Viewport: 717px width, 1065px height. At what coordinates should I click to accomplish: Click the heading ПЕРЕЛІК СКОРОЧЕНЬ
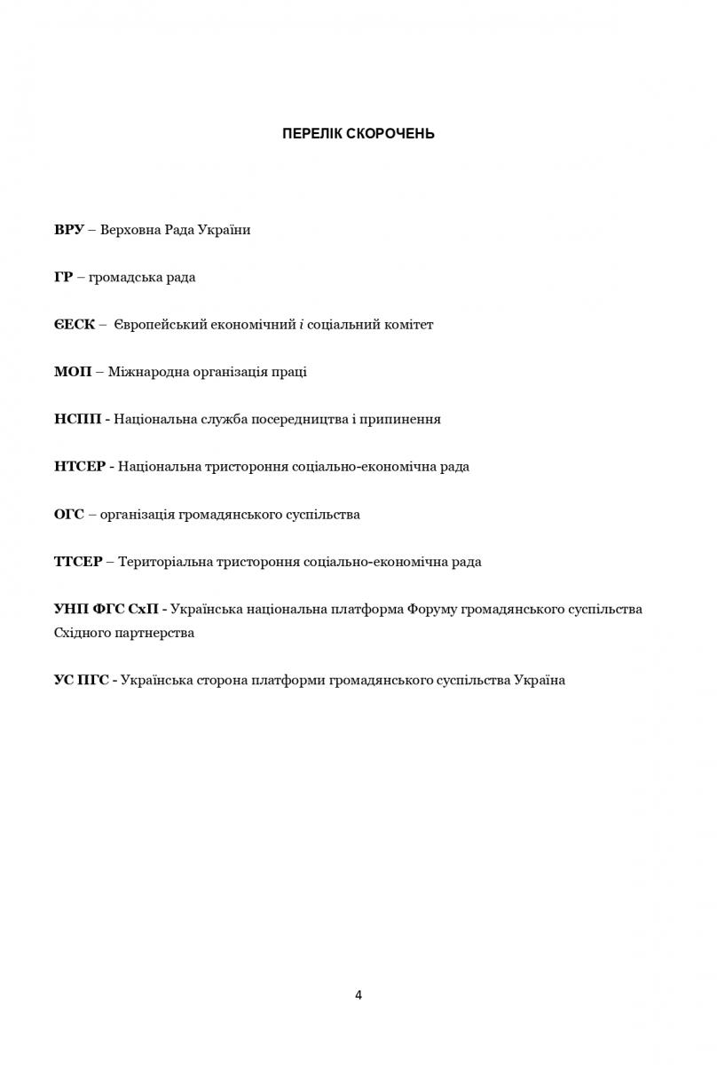(x=358, y=134)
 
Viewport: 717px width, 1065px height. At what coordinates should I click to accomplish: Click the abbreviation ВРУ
(x=68, y=230)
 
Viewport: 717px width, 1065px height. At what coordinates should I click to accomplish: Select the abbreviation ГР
(x=63, y=277)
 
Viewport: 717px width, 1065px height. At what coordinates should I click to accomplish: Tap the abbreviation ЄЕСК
(x=74, y=324)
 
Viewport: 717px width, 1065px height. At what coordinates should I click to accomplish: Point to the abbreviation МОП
(x=72, y=372)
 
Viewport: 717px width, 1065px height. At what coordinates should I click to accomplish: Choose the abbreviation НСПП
(x=76, y=419)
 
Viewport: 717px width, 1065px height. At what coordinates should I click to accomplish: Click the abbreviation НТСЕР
(x=80, y=466)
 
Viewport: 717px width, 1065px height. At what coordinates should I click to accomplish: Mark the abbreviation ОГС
(x=68, y=514)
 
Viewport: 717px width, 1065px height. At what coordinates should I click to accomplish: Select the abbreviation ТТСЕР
(x=78, y=562)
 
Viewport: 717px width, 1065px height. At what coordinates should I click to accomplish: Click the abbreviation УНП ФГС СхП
(x=106, y=609)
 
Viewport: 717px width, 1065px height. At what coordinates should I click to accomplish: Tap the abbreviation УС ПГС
(x=81, y=680)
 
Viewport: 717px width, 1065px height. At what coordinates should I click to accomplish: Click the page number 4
(x=358, y=995)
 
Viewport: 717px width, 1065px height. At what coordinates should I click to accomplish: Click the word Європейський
(x=161, y=325)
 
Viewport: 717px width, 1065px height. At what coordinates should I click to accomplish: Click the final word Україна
(x=539, y=680)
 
